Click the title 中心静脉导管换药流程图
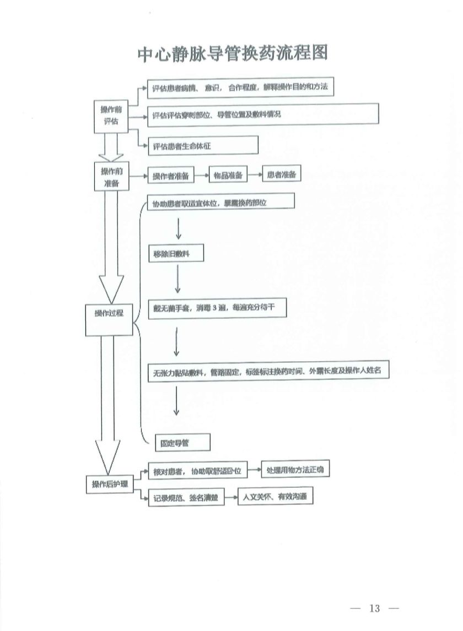coord(232,53)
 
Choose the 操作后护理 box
coord(110,484)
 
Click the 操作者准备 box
coord(170,176)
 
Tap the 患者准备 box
coord(281,174)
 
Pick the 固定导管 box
coord(174,442)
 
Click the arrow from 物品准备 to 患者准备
coord(254,175)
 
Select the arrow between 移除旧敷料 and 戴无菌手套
coord(177,280)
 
